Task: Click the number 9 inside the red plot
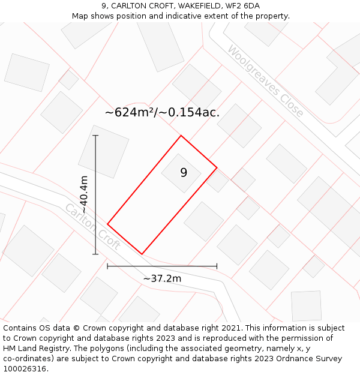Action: click(184, 173)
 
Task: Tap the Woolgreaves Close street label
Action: click(265, 81)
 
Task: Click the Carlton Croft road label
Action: click(92, 227)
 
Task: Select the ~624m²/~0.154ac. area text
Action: click(162, 112)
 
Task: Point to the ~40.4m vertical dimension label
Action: click(84, 194)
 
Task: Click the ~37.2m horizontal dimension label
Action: click(162, 278)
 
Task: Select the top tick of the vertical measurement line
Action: click(96, 136)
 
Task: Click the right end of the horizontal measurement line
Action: click(217, 266)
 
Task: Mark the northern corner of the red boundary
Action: click(181, 136)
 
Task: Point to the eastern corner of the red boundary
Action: click(217, 167)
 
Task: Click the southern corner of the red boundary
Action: click(142, 254)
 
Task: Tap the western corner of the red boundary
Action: click(107, 224)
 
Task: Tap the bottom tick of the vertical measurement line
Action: click(96, 254)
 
